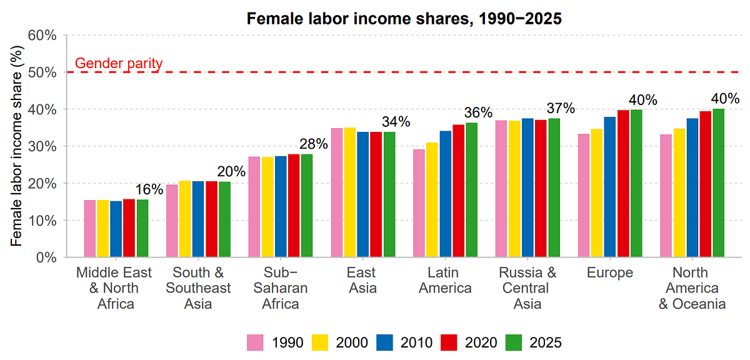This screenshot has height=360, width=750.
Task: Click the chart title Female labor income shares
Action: coord(404,19)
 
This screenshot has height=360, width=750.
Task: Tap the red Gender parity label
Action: coord(119,63)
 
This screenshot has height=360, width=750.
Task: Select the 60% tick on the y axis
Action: coord(44,36)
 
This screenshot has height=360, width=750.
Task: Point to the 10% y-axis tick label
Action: coord(44,221)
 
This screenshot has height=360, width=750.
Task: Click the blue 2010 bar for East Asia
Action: coord(364,194)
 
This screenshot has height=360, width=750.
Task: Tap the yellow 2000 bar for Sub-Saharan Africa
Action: coord(267,207)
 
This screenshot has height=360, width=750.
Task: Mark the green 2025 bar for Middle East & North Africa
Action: coord(142,228)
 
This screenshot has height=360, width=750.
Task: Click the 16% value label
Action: coord(150,189)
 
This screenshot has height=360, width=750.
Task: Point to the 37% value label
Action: coord(561,108)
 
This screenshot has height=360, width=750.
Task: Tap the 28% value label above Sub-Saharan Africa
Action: coord(314,144)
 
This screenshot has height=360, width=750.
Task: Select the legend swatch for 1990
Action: coord(255,342)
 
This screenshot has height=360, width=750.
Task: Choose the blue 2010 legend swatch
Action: coord(384,342)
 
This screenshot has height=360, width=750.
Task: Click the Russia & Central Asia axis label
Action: coord(527,288)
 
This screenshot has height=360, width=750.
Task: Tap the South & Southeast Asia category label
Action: coord(198,288)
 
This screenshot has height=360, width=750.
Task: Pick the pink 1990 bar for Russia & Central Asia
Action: coord(501,189)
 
